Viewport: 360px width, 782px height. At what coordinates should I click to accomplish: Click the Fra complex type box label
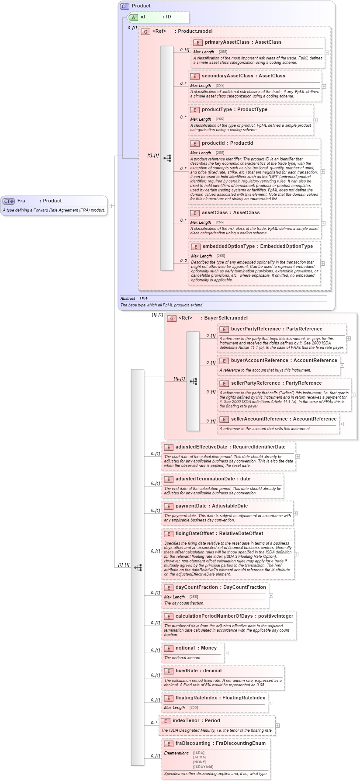coord(21,201)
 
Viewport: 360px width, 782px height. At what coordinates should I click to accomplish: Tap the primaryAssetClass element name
coord(226,42)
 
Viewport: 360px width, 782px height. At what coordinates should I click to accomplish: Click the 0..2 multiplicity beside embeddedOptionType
coord(183,261)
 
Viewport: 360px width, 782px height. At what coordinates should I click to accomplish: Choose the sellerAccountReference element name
coord(260,419)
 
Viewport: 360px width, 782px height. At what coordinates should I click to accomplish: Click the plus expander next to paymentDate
coord(295,513)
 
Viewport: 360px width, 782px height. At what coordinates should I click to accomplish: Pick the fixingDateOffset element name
coord(194,534)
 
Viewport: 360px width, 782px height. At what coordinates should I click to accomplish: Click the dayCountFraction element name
coord(196,587)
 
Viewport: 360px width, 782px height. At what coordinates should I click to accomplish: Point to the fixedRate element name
coord(187,671)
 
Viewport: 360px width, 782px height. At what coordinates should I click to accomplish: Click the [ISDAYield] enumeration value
coord(203,767)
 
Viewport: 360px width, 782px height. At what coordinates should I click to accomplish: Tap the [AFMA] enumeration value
coord(200,757)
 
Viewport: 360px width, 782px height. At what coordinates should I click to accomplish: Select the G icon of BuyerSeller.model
coord(172,318)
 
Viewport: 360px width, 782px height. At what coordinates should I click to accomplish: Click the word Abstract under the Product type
coord(128,299)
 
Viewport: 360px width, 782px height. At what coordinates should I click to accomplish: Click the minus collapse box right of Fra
coord(110,205)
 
